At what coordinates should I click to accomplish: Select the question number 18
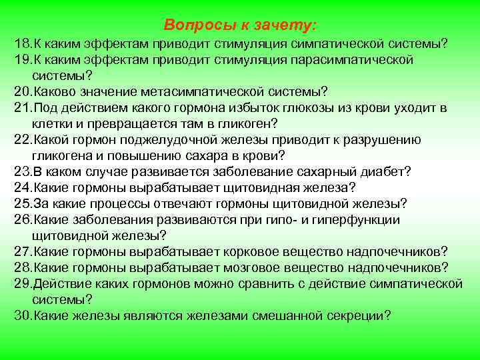(x=22, y=44)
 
